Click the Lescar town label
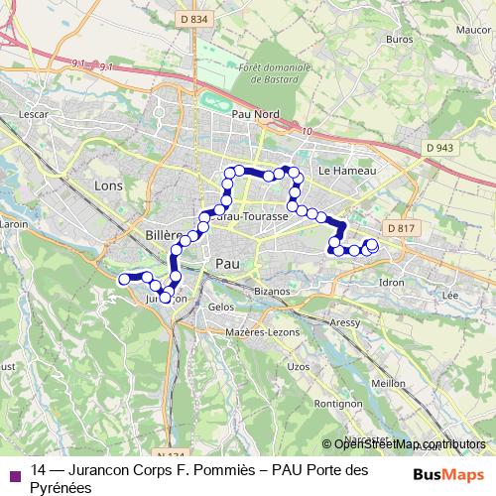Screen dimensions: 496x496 click(33, 114)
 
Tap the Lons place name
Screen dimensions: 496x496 click(106, 185)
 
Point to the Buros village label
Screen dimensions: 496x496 click(400, 40)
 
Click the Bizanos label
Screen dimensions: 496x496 click(271, 291)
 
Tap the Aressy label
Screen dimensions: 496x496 click(345, 322)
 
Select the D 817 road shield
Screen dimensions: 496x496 click(400, 228)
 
